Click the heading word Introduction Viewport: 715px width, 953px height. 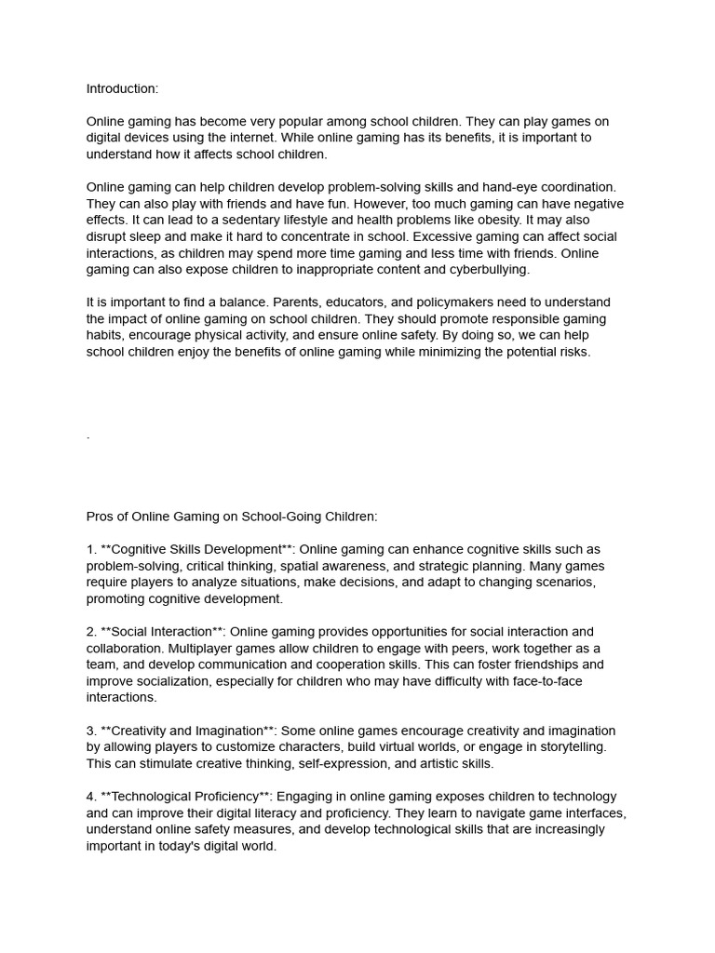(x=122, y=88)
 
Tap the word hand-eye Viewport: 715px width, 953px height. (x=504, y=187)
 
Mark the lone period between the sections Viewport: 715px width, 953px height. (x=88, y=436)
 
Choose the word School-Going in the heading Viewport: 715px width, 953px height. (x=271, y=516)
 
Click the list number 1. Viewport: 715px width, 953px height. (x=90, y=549)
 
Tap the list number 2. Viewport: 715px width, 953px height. (x=90, y=632)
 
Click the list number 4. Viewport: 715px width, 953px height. (x=90, y=797)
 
